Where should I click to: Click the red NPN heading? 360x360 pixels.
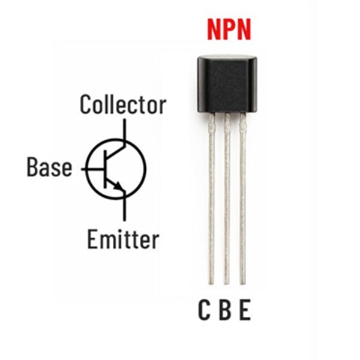[229, 29]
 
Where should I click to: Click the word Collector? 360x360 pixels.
[123, 104]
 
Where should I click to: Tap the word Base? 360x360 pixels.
[49, 167]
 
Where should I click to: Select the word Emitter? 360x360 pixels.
[123, 239]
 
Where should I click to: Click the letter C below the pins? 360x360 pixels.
[204, 310]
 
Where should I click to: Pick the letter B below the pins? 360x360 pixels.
[225, 310]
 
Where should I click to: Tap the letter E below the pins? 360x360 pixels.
[245, 310]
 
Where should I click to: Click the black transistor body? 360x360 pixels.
[227, 84]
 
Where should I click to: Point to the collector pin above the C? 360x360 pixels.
[211, 199]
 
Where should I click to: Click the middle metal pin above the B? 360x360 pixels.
[227, 199]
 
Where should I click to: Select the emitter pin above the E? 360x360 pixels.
[242, 199]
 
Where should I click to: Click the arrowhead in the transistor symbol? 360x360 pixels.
[118, 185]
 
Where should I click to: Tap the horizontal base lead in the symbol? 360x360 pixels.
[93, 169]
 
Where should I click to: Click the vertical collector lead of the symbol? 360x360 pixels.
[124, 130]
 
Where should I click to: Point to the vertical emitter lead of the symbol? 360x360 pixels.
[124, 206]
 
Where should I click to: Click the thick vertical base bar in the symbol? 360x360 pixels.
[106, 169]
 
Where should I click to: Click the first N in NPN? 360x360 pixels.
[214, 29]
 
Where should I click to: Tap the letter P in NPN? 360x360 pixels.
[229, 29]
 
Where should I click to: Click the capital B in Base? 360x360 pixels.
[32, 167]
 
